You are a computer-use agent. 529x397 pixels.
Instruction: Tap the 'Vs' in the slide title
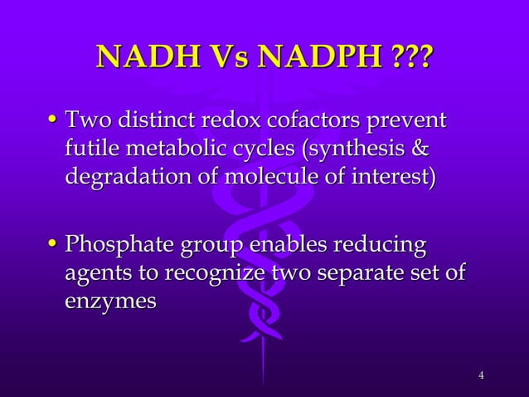click(226, 59)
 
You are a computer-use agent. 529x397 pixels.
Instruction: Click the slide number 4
click(481, 379)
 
